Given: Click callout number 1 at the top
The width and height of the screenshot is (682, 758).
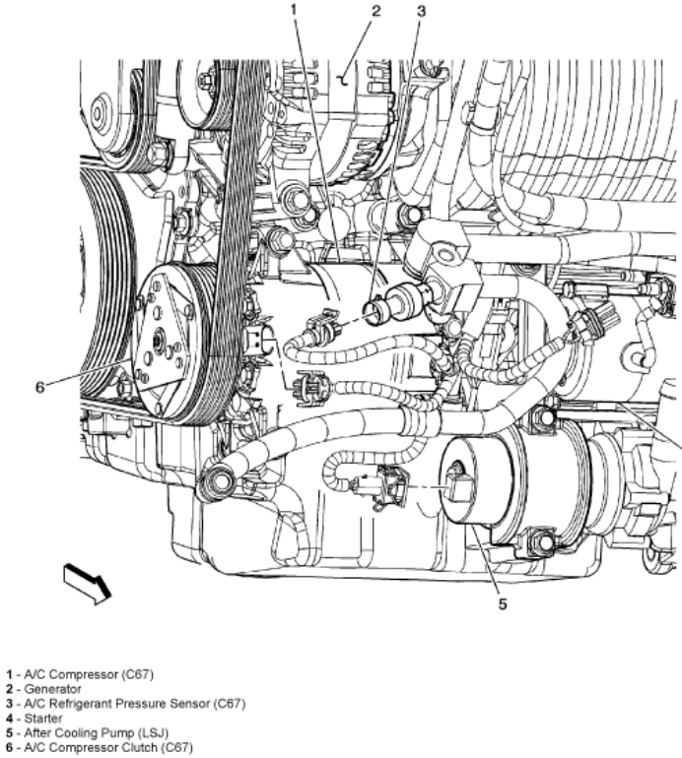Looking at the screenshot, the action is point(294,9).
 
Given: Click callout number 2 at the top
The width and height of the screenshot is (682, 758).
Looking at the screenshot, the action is point(376,11).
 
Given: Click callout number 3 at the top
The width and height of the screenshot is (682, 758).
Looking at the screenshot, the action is point(421,11).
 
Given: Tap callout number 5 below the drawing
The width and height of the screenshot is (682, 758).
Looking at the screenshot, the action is point(503,603).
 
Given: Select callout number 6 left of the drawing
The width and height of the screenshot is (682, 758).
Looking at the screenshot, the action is point(40,387).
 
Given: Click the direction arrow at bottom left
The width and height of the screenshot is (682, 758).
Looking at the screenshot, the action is point(87,584).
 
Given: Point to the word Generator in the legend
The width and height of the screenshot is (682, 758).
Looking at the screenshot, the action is point(53,689).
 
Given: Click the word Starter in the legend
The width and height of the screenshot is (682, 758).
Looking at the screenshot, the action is point(43,719).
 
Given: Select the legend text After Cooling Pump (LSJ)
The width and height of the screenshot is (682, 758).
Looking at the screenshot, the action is point(97,732).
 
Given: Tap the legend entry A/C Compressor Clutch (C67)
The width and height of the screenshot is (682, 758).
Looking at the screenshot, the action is point(108,748).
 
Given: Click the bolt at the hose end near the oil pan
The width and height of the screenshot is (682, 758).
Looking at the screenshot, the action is point(222,482).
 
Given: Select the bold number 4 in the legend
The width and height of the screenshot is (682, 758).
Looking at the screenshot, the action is point(9,719).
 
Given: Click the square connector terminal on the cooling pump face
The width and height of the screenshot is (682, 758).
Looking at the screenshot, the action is point(458,486).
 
